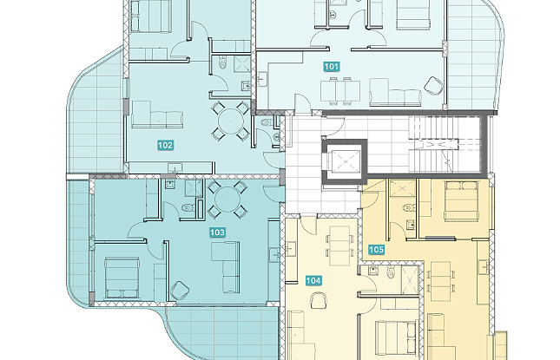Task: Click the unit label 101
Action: click(332, 67)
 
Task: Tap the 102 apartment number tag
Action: click(165, 145)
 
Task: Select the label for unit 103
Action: click(217, 232)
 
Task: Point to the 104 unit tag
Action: click(313, 281)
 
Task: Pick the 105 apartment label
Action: click(376, 250)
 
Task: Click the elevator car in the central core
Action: click(346, 162)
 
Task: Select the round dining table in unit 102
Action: click(231, 121)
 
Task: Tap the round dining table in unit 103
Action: click(227, 200)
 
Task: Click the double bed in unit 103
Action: click(122, 278)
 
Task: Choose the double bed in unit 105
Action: click(461, 201)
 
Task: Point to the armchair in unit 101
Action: click(433, 85)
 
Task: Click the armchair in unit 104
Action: click(319, 300)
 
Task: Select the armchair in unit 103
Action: click(180, 291)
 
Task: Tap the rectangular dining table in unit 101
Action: click(339, 91)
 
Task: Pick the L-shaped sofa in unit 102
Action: click(157, 115)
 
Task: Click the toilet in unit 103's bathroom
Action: click(188, 207)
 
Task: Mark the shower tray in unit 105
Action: click(403, 188)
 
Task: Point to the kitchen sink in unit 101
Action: click(262, 78)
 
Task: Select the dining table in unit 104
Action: click(339, 245)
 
